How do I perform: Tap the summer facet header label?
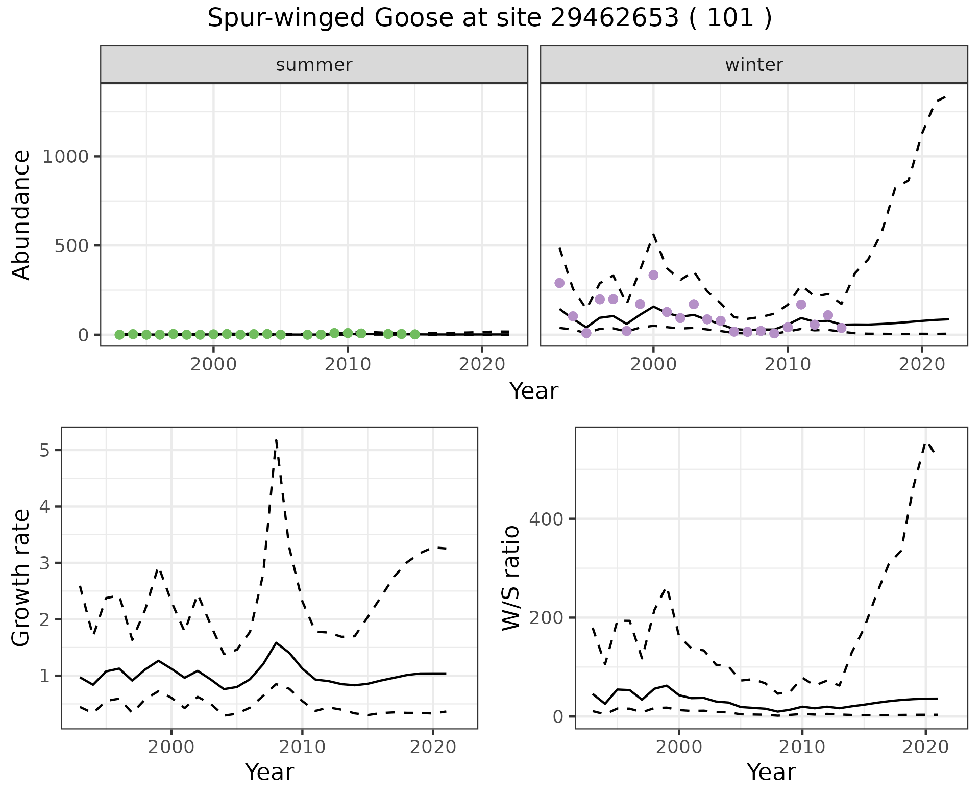click(314, 65)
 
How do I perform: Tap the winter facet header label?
click(754, 65)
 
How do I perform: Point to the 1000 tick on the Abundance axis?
click(66, 157)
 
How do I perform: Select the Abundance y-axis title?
click(21, 215)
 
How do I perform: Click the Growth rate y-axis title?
click(21, 578)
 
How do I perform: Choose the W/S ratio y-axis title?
click(510, 578)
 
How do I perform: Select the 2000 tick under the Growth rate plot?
click(171, 747)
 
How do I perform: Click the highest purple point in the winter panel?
click(653, 275)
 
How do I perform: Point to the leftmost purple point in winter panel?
click(559, 283)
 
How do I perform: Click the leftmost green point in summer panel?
click(119, 335)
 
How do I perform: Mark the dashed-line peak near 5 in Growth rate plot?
click(276, 440)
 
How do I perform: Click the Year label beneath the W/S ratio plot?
click(771, 773)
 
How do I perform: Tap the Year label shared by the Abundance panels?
click(534, 391)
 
